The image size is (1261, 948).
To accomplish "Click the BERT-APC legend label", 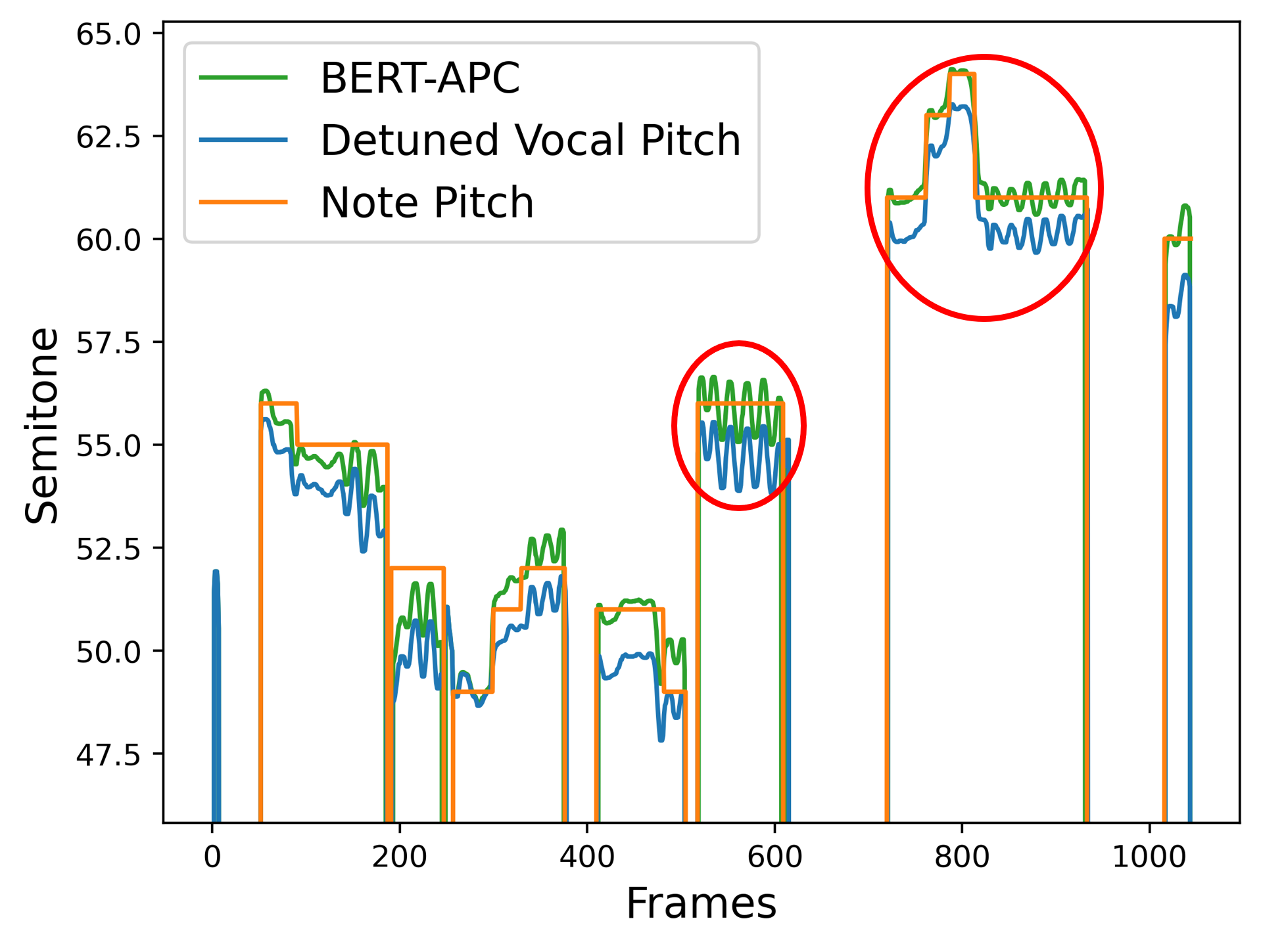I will point(419,78).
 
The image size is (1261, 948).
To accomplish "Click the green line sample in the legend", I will point(243,78).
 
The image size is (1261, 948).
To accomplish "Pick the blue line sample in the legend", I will point(243,140).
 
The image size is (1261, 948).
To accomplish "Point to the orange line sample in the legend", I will point(243,202).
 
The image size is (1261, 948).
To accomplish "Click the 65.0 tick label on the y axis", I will point(108,34).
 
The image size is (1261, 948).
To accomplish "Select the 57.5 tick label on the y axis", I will point(108,343).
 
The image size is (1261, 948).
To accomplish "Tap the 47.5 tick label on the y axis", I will point(108,755).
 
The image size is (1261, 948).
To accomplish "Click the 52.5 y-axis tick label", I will point(108,549).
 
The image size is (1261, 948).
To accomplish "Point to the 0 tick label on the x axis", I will point(212,857).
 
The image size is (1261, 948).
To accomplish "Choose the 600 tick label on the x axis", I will point(774,857).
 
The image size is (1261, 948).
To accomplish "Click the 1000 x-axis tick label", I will point(1149,857).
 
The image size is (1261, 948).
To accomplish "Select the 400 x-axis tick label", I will point(587,857).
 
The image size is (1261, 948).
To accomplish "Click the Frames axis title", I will point(701,903).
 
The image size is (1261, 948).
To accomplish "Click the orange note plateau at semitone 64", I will point(963,74).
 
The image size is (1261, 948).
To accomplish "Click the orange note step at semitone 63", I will point(938,115).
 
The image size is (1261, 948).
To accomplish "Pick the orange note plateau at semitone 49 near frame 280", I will point(473,692).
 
